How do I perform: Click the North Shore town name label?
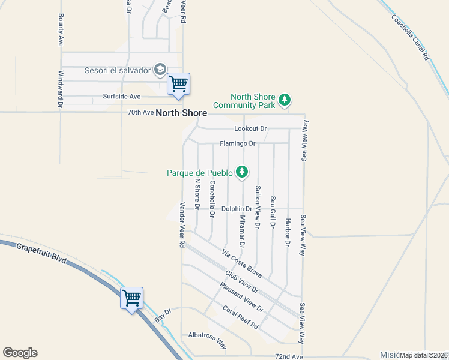[x=181, y=113]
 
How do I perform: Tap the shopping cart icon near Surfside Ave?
[x=178, y=83]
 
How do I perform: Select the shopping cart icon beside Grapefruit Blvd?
[x=131, y=298]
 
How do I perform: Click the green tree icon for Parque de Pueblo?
[x=242, y=173]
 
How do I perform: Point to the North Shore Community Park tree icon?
[x=286, y=100]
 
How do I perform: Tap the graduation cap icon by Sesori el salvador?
[x=160, y=70]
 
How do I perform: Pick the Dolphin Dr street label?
[x=236, y=209]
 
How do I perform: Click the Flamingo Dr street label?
[x=238, y=143]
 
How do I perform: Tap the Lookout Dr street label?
[x=250, y=129]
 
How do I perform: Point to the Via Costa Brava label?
[x=242, y=263]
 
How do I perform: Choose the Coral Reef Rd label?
[x=240, y=317]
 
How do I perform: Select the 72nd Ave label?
[x=289, y=356]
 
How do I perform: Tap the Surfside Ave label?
[x=121, y=96]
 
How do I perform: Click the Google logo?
[x=20, y=353]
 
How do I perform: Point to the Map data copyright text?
[x=423, y=355]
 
